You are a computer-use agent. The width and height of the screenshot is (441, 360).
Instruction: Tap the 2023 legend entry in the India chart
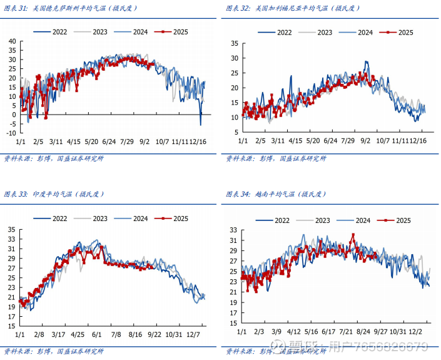click(x=101, y=219)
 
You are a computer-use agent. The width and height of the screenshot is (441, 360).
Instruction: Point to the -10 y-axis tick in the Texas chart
click(x=11, y=133)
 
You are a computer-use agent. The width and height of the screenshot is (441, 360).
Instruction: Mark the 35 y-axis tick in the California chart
click(x=234, y=43)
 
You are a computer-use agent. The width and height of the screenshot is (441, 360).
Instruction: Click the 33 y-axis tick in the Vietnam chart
click(x=234, y=231)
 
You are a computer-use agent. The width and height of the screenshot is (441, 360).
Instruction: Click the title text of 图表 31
click(x=70, y=8)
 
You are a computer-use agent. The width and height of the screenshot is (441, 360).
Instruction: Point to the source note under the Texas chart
click(x=54, y=158)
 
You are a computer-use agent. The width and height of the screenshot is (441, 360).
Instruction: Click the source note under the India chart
click(x=54, y=351)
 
